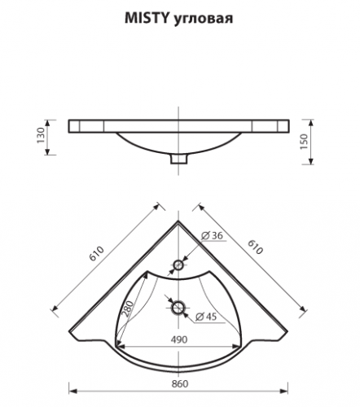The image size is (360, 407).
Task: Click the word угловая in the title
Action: pos(203,20)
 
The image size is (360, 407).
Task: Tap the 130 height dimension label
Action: pos(41,135)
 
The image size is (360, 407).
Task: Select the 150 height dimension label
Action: pos(304,142)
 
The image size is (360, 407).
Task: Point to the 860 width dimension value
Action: pos(180,383)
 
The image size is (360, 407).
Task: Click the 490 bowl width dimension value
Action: pos(179,339)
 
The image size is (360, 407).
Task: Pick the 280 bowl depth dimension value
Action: pos(128,309)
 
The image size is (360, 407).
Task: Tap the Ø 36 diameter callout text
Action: pos(213,235)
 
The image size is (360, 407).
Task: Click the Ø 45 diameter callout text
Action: pos(206,317)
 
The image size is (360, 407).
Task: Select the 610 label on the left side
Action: pos(97,253)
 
